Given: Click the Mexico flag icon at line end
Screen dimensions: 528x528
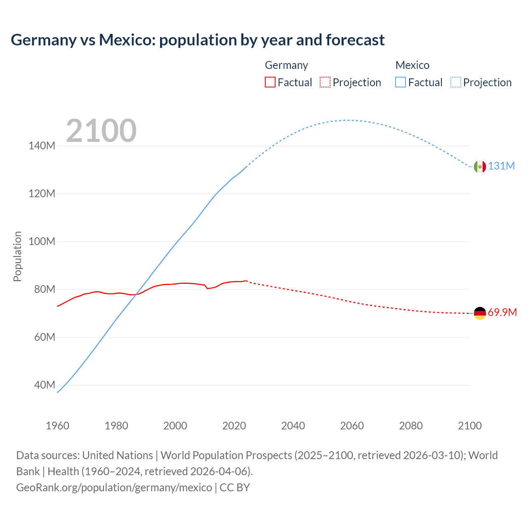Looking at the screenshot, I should [x=480, y=166].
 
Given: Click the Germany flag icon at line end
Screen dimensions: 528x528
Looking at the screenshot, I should [x=480, y=313].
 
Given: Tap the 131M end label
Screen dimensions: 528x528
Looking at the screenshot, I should [x=501, y=166].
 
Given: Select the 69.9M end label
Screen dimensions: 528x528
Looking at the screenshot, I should [x=502, y=312].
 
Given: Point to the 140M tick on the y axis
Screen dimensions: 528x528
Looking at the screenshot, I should [x=42, y=146].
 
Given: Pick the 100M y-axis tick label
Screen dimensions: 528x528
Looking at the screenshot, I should [x=42, y=241].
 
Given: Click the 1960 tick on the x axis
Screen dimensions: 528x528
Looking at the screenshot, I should [x=57, y=426].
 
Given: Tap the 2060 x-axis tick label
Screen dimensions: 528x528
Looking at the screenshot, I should [x=352, y=426].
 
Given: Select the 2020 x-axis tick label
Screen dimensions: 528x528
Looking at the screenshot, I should [x=234, y=426].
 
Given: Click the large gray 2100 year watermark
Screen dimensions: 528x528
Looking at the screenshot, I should [x=101, y=131].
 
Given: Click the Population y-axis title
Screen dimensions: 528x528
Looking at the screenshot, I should [x=17, y=256].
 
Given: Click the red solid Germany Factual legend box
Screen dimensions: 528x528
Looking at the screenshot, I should [x=270, y=82].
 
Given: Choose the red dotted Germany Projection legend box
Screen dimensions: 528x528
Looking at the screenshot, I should [x=325, y=82].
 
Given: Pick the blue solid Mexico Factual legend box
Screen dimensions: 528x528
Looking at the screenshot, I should [x=400, y=82].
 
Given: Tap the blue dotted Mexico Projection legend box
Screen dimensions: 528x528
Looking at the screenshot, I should [x=456, y=82].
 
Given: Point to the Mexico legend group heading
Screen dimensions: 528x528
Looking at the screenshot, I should [x=412, y=65].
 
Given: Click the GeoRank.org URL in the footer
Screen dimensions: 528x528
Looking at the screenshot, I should [x=114, y=487].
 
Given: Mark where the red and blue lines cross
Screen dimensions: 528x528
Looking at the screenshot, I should [x=135, y=294].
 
